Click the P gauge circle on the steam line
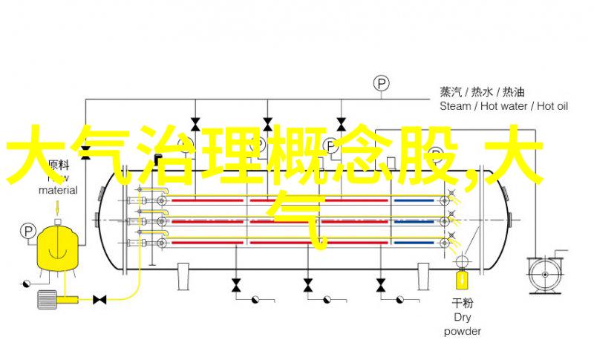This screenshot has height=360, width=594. coord(382,83)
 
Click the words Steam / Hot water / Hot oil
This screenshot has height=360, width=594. coord(503,106)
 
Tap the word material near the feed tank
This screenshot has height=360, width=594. coord(59,190)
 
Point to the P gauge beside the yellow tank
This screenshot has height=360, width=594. coord(27,231)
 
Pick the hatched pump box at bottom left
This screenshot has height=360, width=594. coord(47,299)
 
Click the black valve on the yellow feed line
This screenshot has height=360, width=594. coord(99,300)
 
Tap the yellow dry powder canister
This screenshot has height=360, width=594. coord(462,279)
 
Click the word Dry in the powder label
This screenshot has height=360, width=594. coord(463,317)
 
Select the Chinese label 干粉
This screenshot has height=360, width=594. coord(463,303)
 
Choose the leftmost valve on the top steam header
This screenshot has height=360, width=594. coord(195,124)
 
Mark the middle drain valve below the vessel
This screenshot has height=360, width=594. coord(308,285)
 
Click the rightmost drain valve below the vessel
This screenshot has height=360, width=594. coord(381,285)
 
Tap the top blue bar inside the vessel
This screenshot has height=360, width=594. coord(414,200)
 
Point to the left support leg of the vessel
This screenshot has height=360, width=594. coord(183,276)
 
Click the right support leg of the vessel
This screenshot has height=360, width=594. coord(423,276)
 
